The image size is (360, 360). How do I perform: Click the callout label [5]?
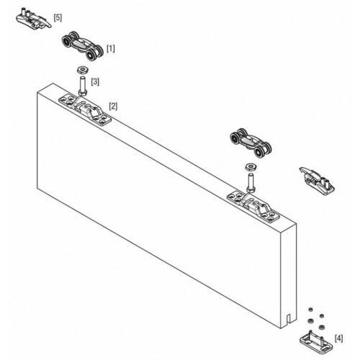click(58, 18)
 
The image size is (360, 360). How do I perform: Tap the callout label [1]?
click(111, 49)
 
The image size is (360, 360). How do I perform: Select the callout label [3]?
click(95, 82)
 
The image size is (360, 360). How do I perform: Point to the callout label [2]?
click(113, 106)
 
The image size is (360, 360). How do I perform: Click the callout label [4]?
click(338, 338)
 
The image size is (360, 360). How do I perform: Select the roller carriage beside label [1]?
click(83, 45)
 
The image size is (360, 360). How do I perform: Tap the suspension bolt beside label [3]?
click(82, 86)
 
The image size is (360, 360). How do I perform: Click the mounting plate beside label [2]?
click(85, 109)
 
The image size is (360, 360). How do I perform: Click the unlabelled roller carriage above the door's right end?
click(251, 143)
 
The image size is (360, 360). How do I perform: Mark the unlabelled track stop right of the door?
click(317, 181)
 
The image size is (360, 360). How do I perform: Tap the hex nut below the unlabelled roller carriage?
click(251, 166)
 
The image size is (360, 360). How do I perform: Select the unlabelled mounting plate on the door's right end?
click(253, 207)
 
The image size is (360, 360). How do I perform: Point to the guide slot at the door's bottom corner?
click(289, 318)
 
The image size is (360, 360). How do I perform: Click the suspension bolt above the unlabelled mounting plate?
click(251, 183)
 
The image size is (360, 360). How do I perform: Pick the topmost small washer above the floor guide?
click(310, 310)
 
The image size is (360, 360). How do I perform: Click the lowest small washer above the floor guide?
click(322, 327)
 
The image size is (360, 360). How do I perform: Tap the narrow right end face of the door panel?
click(289, 276)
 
